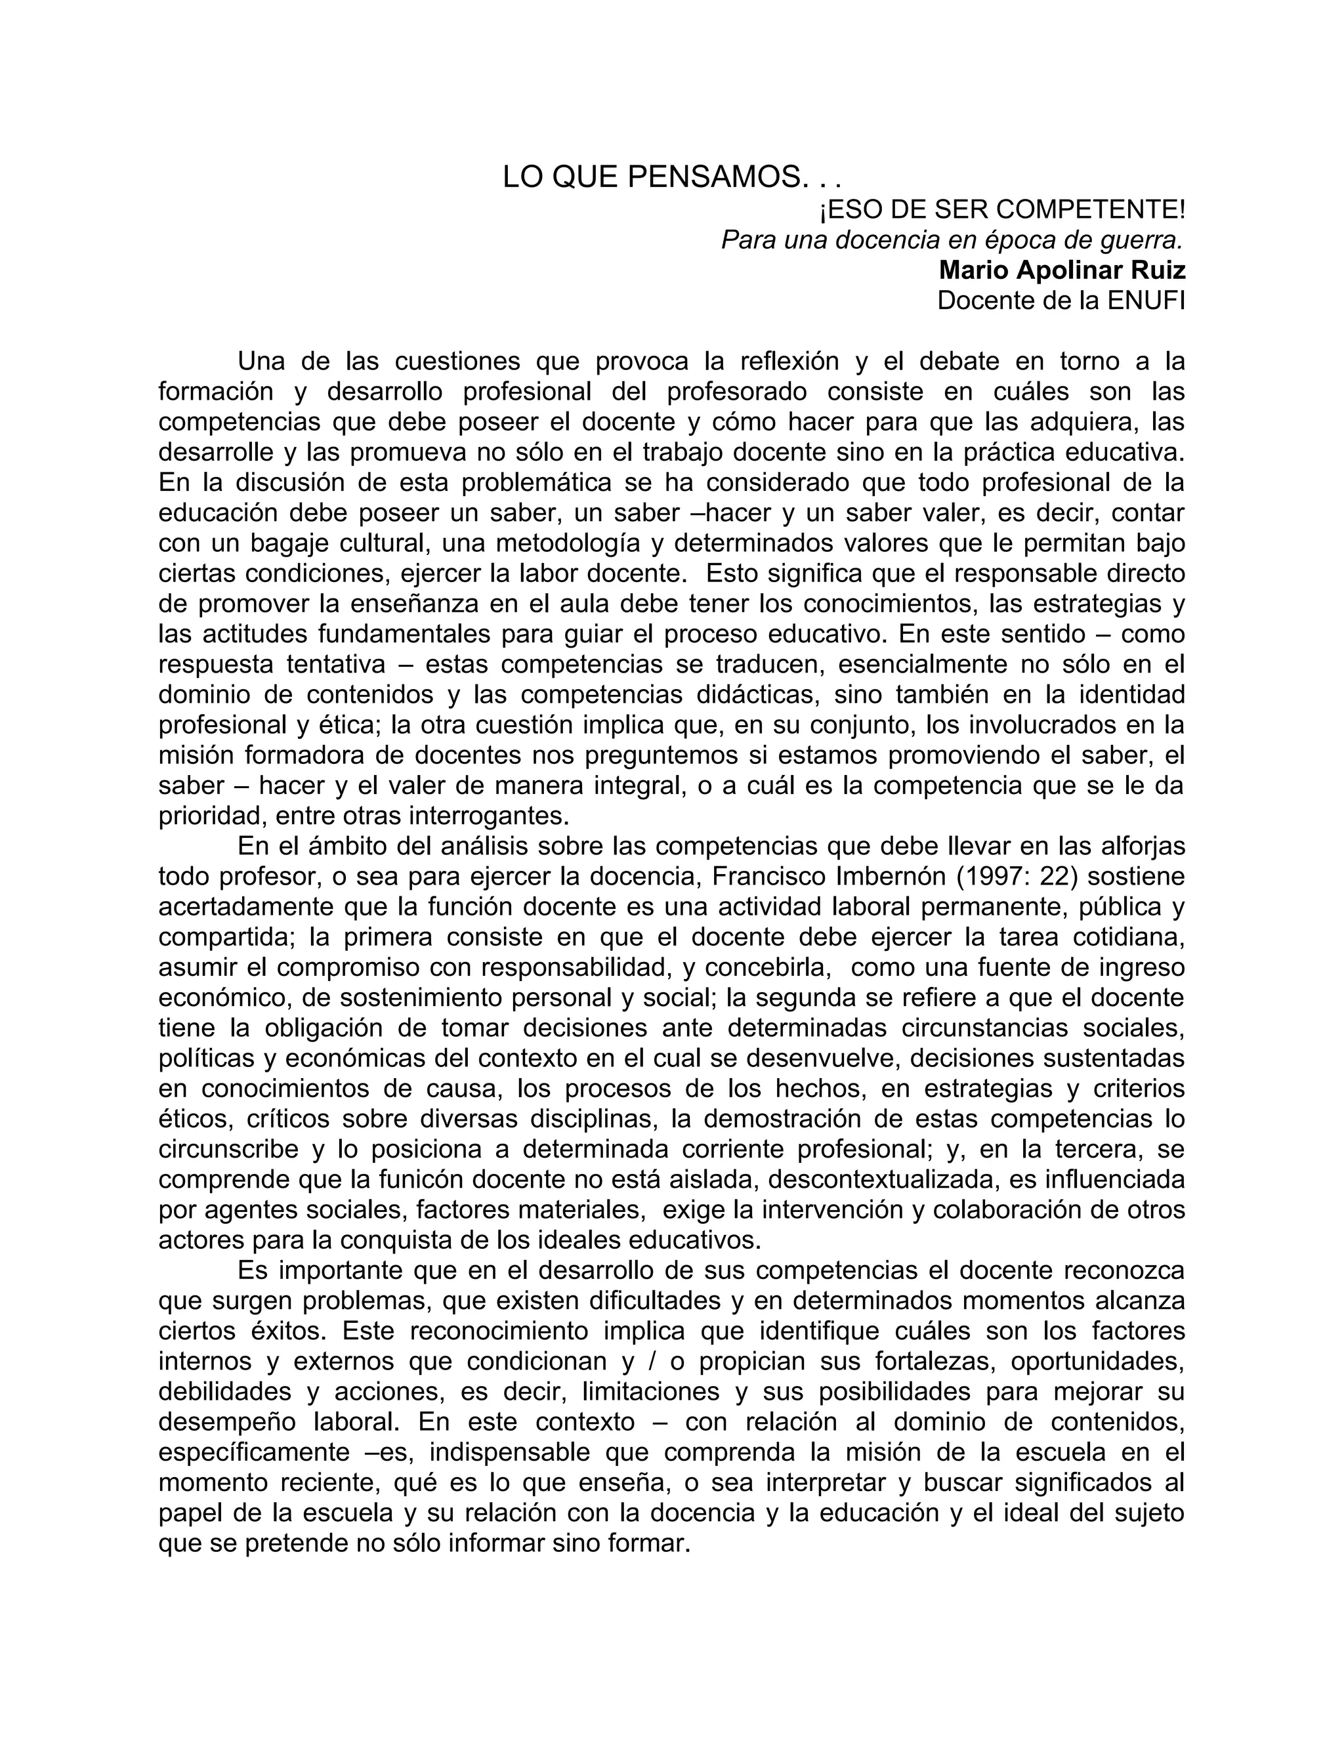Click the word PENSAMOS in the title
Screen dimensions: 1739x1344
(713, 177)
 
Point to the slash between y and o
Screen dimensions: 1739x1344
(654, 1361)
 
